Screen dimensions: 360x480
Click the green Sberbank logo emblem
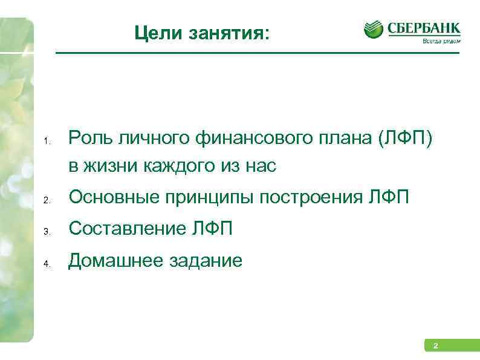coord(374,29)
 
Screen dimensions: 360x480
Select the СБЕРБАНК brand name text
coord(424,28)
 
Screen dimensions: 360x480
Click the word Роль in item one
coord(89,140)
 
